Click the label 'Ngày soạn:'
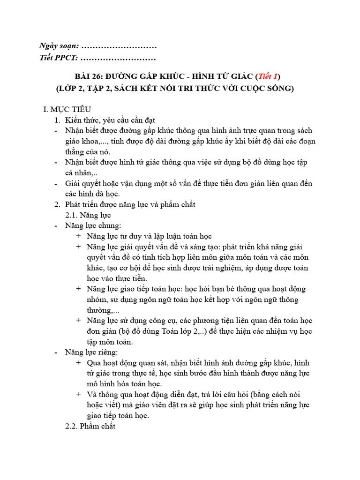pos(59,46)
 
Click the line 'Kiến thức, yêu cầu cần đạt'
pos(111,120)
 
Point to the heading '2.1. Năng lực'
pos(88,215)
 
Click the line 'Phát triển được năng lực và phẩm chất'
pos(130,205)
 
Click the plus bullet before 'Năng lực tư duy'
pos(78,236)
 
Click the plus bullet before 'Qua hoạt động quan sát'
pos(78,363)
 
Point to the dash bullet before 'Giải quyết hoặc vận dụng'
pos(57,183)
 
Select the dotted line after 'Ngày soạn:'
pos(119,46)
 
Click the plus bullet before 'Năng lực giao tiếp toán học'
pos(78,289)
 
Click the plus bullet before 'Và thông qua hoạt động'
pos(78,394)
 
